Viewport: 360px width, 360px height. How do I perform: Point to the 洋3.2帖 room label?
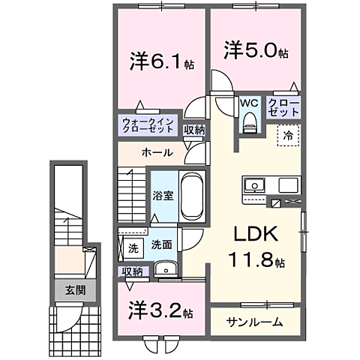click(x=160, y=309)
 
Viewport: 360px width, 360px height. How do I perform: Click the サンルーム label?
click(x=255, y=322)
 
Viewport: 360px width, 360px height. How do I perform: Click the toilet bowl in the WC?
click(x=250, y=121)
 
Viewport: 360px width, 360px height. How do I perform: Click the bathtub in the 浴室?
click(x=193, y=196)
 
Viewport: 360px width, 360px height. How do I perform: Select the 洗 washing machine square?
click(x=133, y=246)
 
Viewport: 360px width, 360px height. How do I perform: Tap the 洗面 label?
click(x=162, y=244)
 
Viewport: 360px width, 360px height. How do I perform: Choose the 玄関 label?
click(x=73, y=290)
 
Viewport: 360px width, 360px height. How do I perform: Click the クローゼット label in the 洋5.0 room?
click(x=284, y=106)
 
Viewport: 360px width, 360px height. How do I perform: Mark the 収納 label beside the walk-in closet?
click(x=194, y=130)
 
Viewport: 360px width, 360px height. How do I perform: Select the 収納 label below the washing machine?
click(x=131, y=271)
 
